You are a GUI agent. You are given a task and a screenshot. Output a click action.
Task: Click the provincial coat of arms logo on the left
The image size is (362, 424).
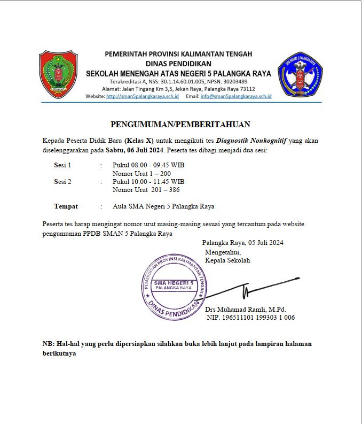coord(58,74)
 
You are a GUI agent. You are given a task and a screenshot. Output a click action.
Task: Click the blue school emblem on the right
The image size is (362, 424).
coord(301,74)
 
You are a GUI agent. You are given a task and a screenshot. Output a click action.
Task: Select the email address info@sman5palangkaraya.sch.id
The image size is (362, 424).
coord(236,96)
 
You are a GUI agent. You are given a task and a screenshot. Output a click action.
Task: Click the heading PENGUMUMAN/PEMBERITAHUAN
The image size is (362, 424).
coord(180,125)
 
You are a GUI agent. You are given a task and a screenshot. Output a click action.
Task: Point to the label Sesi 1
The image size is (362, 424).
coord(62,165)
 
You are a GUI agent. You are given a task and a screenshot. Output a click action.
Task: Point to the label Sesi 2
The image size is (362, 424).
coord(62,182)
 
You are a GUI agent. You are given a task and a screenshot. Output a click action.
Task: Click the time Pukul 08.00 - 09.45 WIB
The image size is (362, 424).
coord(148,165)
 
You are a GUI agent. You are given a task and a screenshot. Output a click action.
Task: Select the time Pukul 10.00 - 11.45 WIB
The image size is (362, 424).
coord(148,182)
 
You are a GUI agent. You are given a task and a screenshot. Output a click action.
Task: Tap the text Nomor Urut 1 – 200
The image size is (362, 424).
coord(141,174)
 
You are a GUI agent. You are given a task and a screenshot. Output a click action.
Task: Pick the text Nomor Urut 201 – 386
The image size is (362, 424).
coord(145,190)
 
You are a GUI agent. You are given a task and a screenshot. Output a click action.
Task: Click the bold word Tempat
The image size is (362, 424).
coord(66,206)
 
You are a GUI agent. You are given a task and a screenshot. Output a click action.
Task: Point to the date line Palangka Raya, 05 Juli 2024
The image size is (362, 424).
coord(242,242)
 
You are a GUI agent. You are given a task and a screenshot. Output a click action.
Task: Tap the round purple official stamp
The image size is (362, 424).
coord(173,285)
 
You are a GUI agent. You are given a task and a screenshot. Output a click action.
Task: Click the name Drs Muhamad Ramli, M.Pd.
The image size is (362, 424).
coord(246,309)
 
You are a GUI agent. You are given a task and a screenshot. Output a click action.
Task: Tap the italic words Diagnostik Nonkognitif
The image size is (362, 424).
coord(255,141)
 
